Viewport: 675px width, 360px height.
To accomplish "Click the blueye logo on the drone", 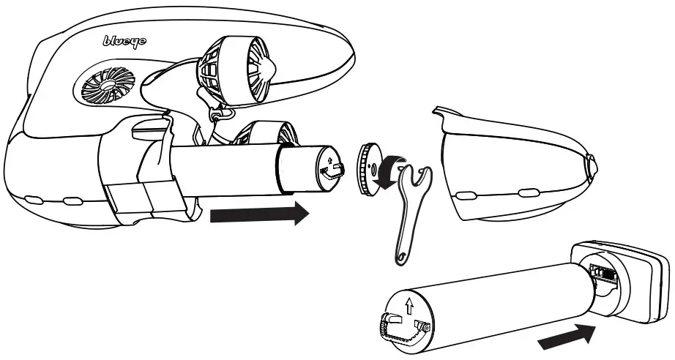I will point(124,42).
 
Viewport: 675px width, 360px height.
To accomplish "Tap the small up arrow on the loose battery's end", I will point(410,301).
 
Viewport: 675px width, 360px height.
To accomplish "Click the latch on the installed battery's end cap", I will point(336,170).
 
